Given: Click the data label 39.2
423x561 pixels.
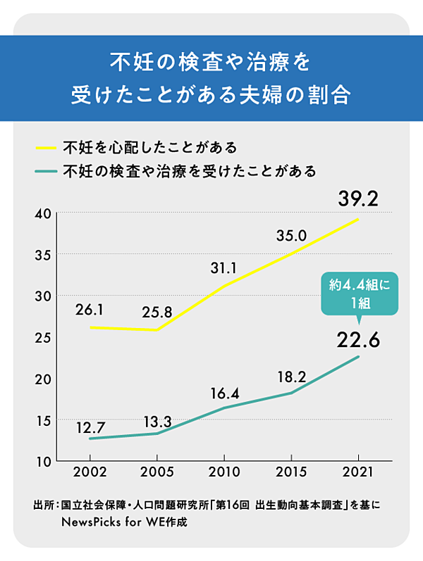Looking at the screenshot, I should click(359, 199).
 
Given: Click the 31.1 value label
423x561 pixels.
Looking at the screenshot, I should click(223, 267).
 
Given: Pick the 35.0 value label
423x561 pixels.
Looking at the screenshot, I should click(291, 235).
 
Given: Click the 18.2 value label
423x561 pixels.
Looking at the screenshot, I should click(291, 377).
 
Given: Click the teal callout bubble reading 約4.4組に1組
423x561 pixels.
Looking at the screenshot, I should click(359, 293).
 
